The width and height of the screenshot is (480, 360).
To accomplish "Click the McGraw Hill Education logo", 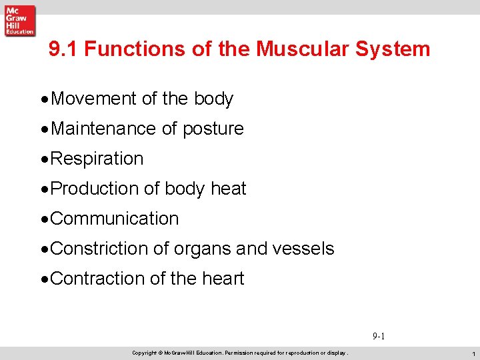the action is [x=19, y=20].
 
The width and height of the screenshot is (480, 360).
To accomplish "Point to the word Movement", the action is [x=94, y=99].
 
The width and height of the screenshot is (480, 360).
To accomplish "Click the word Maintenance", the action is [x=100, y=129].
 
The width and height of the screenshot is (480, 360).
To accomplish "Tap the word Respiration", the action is [x=97, y=159].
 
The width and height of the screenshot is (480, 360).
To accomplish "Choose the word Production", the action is [x=95, y=189].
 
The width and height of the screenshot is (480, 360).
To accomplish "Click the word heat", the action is [x=228, y=189].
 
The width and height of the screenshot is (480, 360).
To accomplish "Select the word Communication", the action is [x=115, y=219].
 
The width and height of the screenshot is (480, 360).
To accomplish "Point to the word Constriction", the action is [x=99, y=249].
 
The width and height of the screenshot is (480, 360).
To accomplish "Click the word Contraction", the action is [x=99, y=279].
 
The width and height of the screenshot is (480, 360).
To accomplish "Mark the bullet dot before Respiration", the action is [x=45, y=159].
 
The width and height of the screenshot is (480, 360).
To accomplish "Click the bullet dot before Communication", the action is [x=45, y=219].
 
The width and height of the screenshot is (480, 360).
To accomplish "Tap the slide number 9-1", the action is [x=378, y=337].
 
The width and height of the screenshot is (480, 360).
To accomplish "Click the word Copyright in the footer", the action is [x=144, y=352].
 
